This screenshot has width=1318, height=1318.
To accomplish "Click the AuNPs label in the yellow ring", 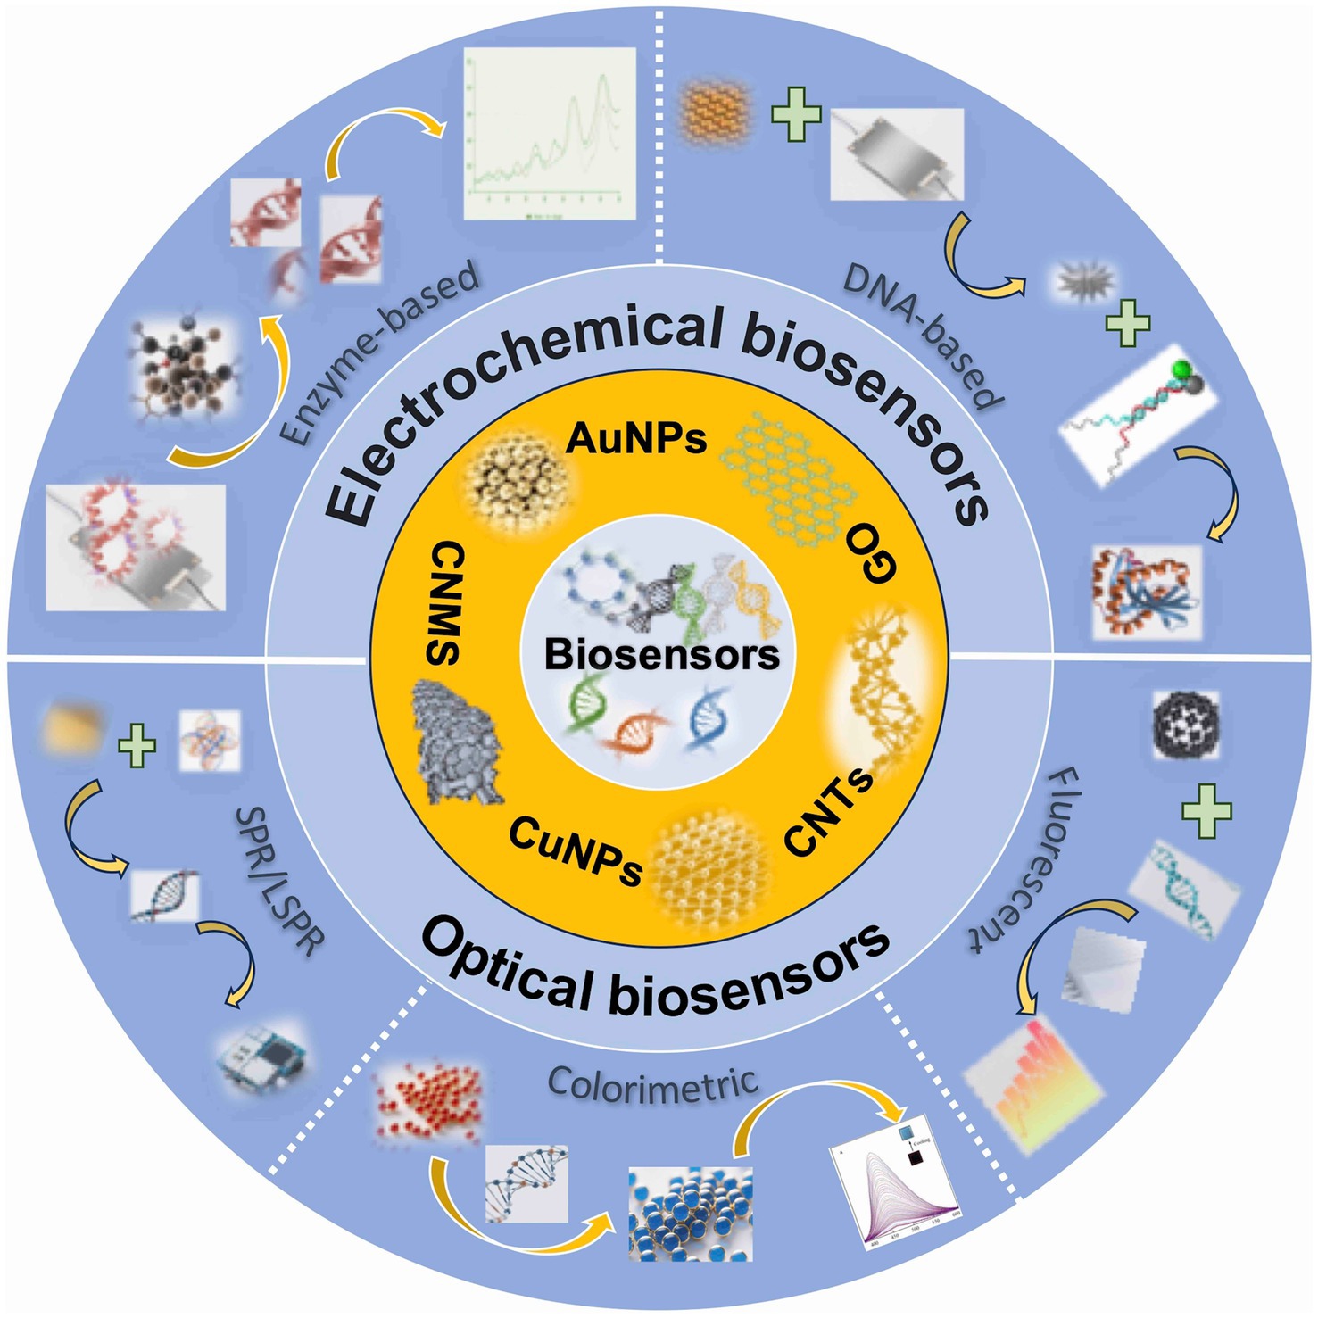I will tap(636, 438).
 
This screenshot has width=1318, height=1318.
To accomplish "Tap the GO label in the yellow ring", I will tap(870, 553).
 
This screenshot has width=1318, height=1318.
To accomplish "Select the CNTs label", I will tap(829, 811).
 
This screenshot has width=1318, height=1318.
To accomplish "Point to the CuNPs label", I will tap(576, 853).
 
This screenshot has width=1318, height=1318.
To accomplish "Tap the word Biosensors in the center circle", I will tap(661, 654).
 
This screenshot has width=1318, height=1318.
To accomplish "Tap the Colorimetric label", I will tap(652, 1085).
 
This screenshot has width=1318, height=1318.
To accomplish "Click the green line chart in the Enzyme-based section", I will tap(550, 134).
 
